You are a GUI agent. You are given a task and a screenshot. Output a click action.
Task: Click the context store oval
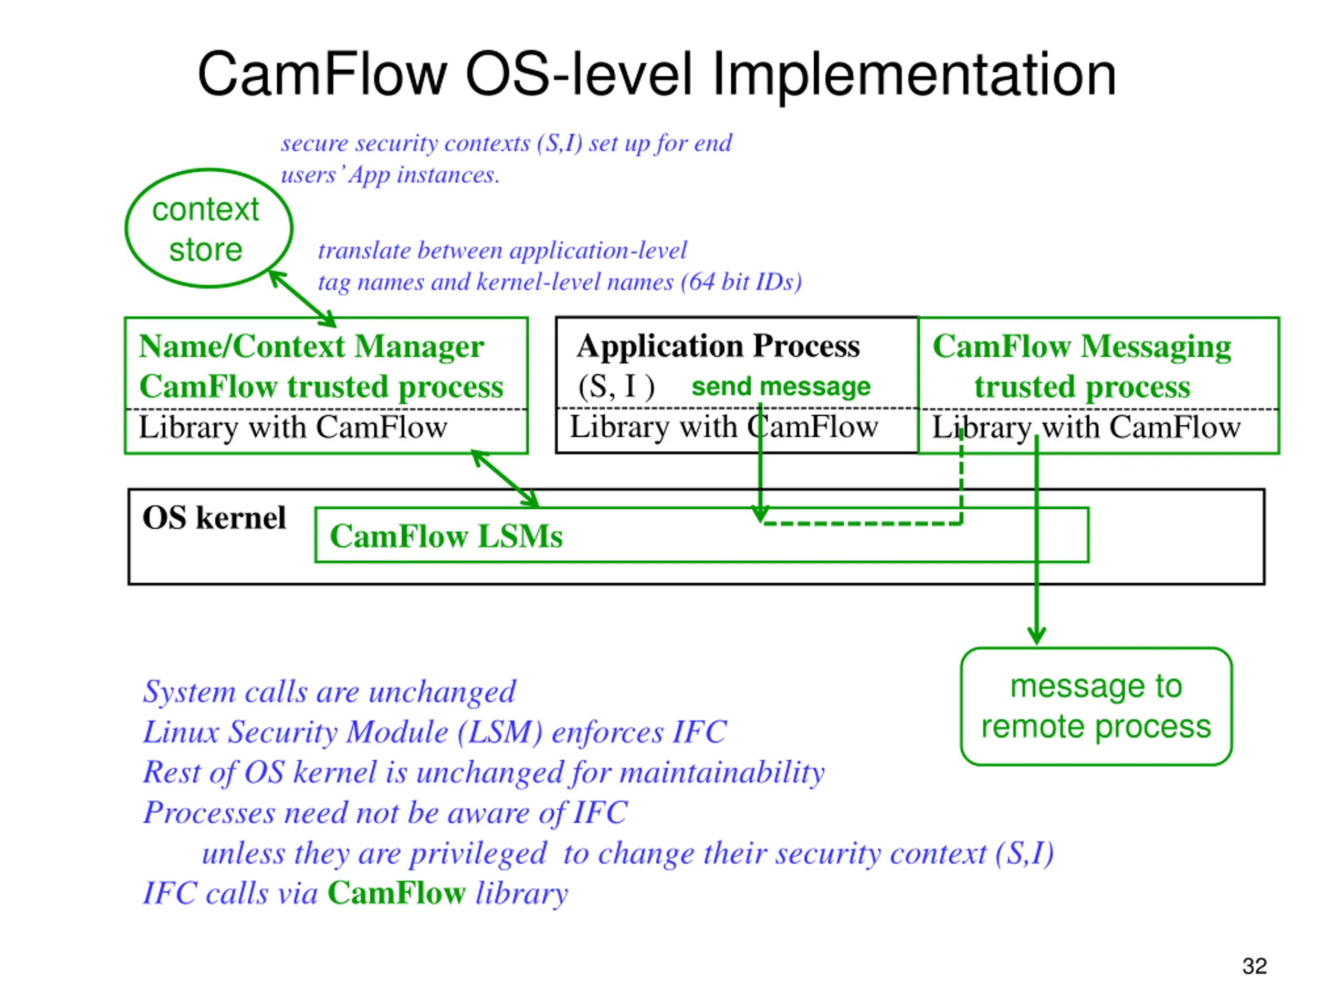pyautogui.click(x=126, y=228)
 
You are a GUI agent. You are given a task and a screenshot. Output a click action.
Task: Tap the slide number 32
pyautogui.click(x=1254, y=966)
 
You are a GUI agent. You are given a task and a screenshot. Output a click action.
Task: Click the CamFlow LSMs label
pyautogui.click(x=446, y=536)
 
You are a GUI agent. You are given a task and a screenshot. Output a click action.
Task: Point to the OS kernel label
pyautogui.click(x=214, y=518)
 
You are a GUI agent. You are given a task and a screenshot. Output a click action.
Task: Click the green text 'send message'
pyautogui.click(x=781, y=386)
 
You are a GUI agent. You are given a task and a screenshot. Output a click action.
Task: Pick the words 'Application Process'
pyautogui.click(x=718, y=346)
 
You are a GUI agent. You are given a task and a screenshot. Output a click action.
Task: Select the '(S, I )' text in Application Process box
pyautogui.click(x=616, y=386)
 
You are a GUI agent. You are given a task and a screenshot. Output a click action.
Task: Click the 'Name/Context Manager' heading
pyautogui.click(x=311, y=347)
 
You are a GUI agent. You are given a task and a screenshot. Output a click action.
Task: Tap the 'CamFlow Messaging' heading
pyautogui.click(x=1081, y=347)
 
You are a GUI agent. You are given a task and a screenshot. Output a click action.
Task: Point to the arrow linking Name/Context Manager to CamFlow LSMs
pyautogui.click(x=505, y=479)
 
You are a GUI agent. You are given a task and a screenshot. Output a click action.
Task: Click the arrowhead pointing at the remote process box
pyautogui.click(x=1036, y=635)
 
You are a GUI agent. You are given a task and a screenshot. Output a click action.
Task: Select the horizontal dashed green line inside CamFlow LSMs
pyautogui.click(x=862, y=523)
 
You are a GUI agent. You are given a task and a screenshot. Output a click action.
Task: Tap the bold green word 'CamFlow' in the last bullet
pyautogui.click(x=396, y=893)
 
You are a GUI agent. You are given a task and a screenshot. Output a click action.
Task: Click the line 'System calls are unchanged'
pyautogui.click(x=329, y=692)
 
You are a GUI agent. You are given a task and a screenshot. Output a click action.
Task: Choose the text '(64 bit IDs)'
pyautogui.click(x=741, y=282)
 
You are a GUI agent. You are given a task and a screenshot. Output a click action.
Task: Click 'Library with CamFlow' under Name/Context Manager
pyautogui.click(x=293, y=427)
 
